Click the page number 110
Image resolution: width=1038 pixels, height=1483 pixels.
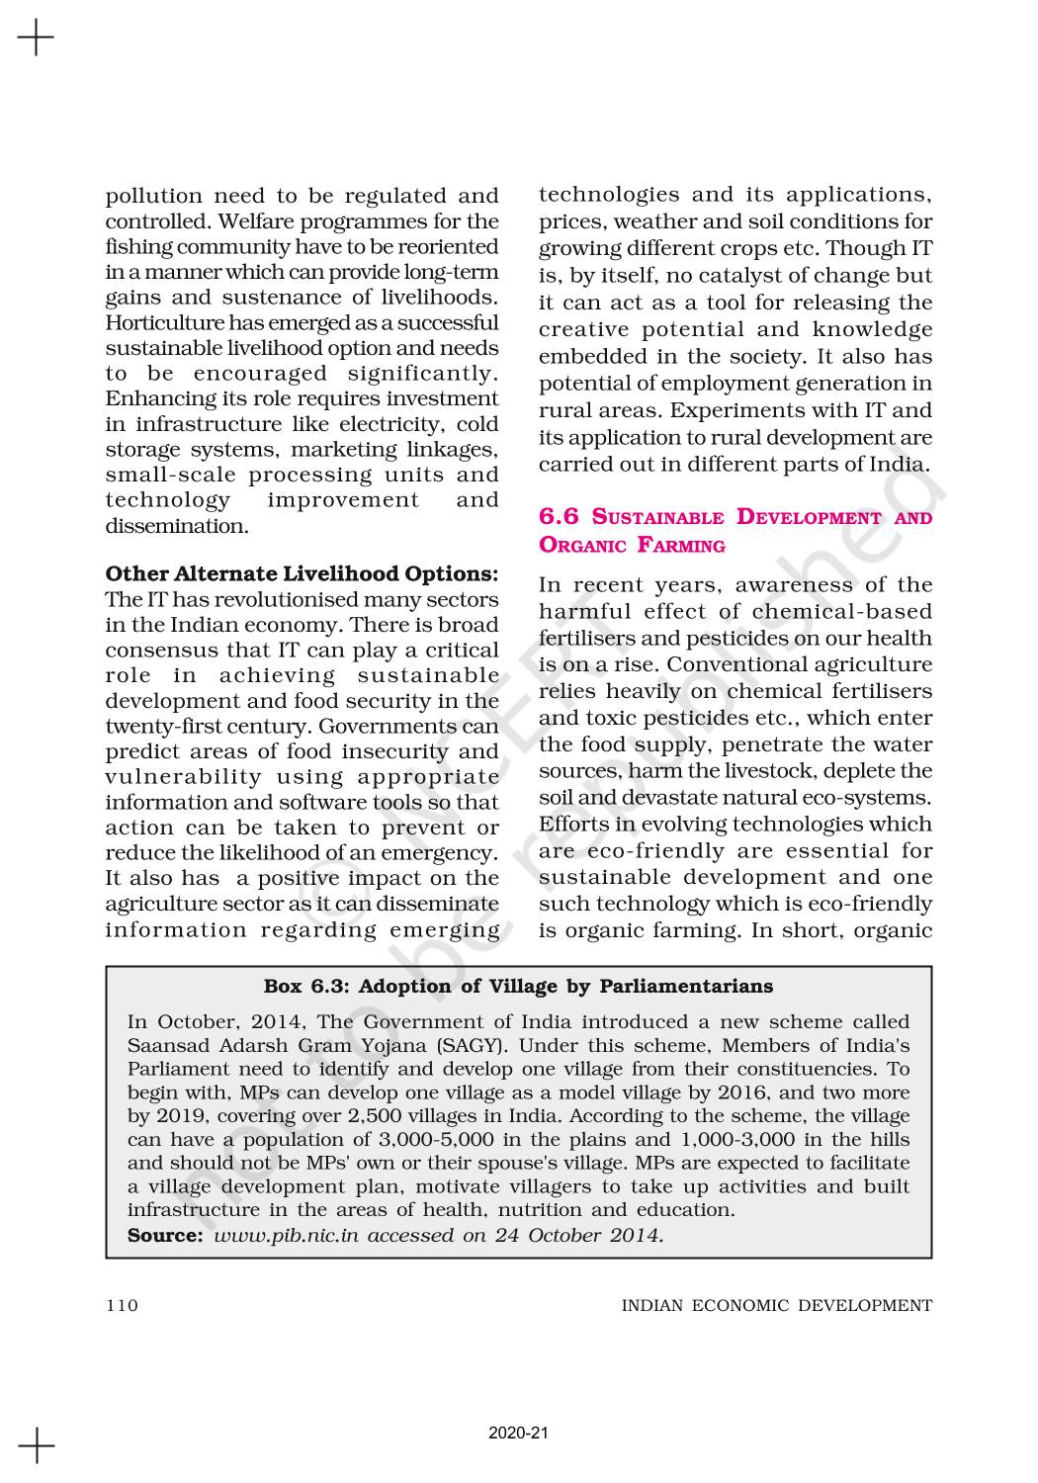pos(122,1306)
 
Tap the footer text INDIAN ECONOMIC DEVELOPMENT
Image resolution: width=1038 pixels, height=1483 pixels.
pos(776,1306)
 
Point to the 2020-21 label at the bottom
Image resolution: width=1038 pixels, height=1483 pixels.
pos(518,1433)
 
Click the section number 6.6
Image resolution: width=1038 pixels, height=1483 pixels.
pos(560,517)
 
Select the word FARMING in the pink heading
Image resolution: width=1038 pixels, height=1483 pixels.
pos(681,545)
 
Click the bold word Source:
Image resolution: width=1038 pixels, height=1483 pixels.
pos(165,1235)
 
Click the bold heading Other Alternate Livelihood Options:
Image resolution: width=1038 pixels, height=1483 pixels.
pos(302,573)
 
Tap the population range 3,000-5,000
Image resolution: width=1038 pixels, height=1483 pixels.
pos(436,1139)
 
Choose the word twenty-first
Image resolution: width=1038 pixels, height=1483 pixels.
pos(159,727)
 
